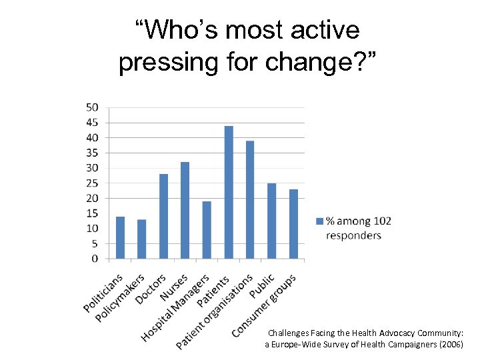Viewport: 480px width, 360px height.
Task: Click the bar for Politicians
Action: [120, 237]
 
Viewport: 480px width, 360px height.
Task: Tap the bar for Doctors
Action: [163, 216]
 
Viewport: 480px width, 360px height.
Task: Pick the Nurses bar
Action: [185, 210]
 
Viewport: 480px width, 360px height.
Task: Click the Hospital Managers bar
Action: [207, 229]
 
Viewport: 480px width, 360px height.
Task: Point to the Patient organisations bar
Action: [250, 199]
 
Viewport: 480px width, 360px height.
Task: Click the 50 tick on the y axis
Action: [92, 107]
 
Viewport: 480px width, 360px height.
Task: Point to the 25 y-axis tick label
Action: [92, 183]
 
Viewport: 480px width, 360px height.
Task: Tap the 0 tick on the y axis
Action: [95, 258]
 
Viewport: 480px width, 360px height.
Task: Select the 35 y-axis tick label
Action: [92, 153]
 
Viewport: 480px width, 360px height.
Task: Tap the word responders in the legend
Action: [353, 235]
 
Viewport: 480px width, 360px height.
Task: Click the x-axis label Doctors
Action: [151, 289]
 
